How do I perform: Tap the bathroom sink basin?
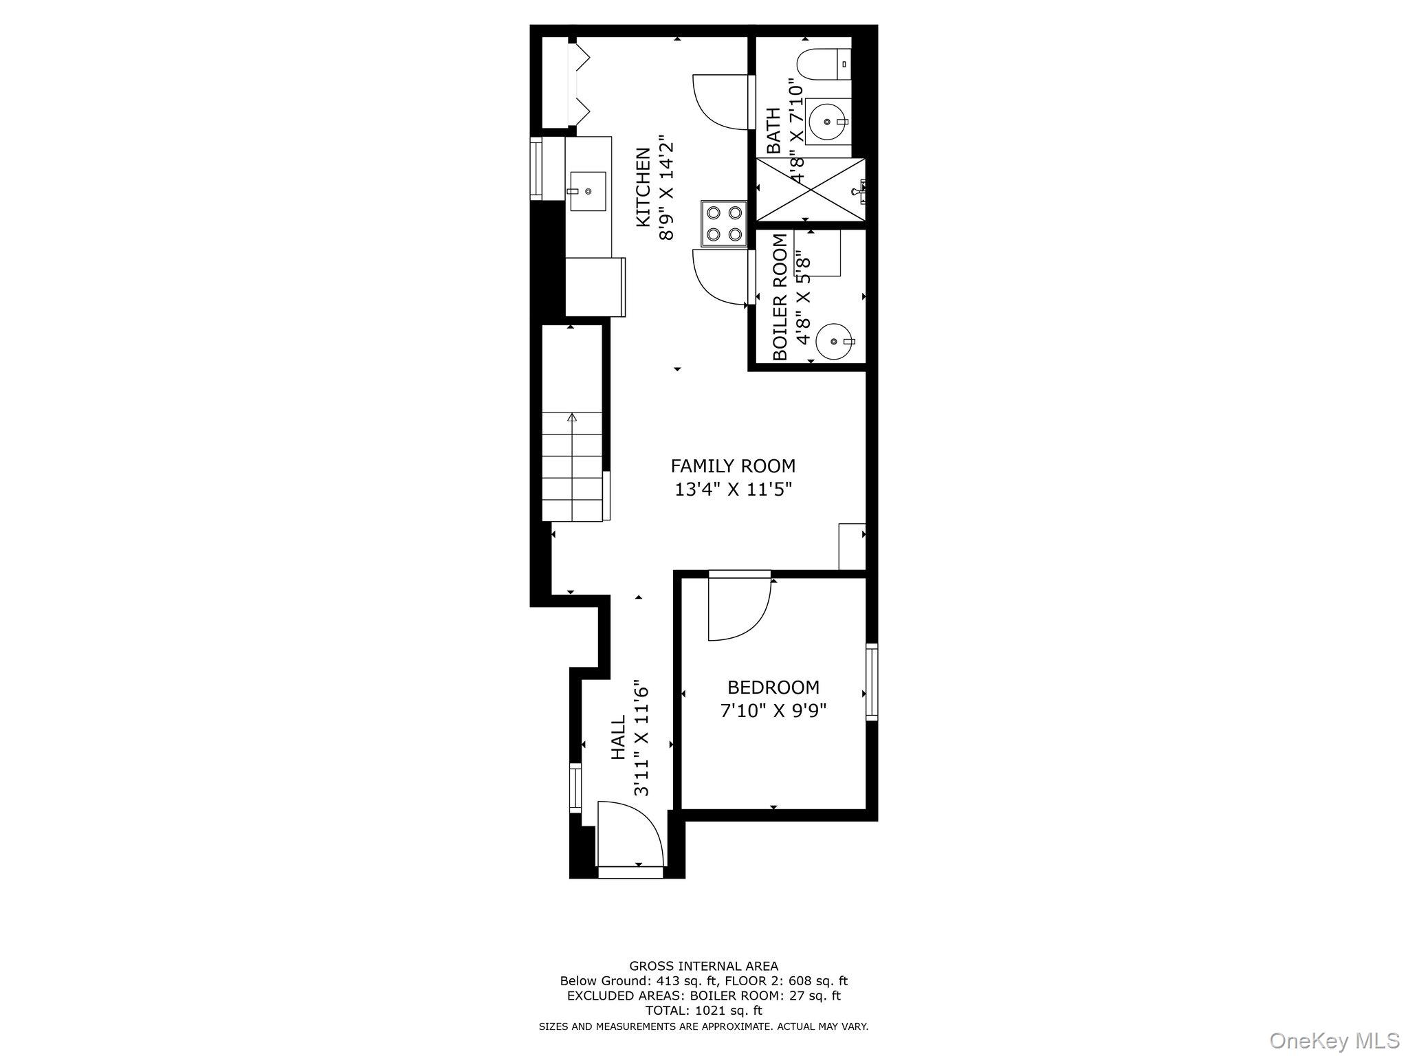tap(827, 122)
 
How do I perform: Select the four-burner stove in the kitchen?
tap(724, 223)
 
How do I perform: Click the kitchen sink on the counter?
tap(587, 192)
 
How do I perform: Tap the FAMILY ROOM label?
tap(733, 466)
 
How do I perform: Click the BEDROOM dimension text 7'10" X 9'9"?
tap(773, 710)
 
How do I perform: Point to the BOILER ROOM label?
tap(780, 297)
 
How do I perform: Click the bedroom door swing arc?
tap(739, 609)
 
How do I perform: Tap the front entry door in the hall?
tap(630, 835)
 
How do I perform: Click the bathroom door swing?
tap(718, 102)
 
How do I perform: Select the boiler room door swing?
tap(718, 277)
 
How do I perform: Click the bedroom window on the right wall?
tap(871, 681)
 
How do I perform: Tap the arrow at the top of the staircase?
tap(572, 417)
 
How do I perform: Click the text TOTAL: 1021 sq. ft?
tap(703, 1011)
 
